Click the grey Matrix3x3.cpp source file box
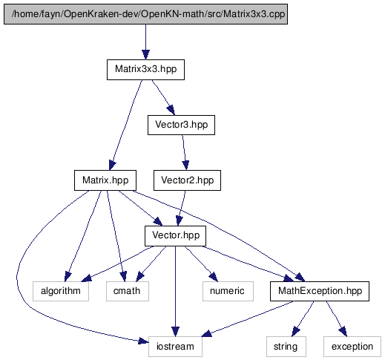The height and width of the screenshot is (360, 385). pos(145,14)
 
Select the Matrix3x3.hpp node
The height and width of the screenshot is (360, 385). pos(145,70)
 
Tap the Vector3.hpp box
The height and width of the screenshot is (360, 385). pos(181,125)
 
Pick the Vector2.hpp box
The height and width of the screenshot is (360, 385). pos(187,180)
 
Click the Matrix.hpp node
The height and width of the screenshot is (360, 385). pos(105,180)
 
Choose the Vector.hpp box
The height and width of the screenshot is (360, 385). pos(175,236)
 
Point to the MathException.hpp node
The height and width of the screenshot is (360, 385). pos(320,291)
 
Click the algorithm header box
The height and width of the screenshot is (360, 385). pos(61,291)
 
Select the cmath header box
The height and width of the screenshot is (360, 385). pos(128,291)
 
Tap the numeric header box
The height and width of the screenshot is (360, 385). pos(228,291)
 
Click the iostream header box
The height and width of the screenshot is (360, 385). pos(175,347)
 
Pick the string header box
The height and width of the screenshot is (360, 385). pos(286,347)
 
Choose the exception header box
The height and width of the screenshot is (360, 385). pos(352,347)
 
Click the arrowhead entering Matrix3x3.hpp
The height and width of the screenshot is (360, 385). pos(145,55)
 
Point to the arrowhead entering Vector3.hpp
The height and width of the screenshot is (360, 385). pos(171,111)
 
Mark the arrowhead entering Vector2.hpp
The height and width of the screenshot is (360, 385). pos(185,166)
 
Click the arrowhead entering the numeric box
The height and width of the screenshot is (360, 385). pos(214,277)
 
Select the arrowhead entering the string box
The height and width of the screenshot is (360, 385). pos(295,332)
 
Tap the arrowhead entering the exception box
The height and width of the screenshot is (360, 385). pos(343,332)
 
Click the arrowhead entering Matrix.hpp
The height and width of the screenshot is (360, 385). pos(112,166)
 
